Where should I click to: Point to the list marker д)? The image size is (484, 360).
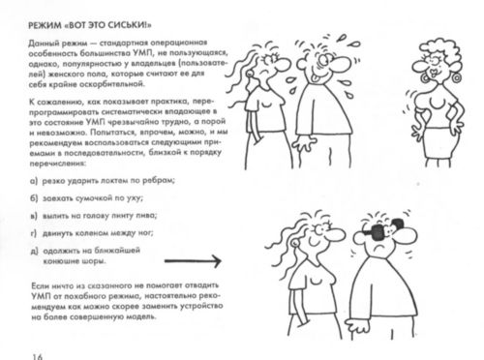point(34,251)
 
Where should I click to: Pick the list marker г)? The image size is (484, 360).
point(34,233)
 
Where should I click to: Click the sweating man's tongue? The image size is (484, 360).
point(319,70)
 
